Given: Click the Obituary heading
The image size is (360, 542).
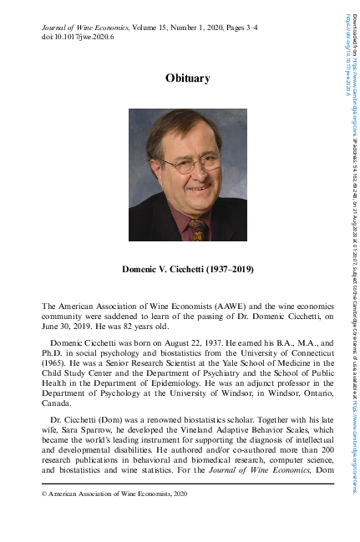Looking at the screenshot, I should pyautogui.click(x=187, y=79).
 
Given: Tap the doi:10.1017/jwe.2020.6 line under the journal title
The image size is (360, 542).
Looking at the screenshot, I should pyautogui.click(x=78, y=38).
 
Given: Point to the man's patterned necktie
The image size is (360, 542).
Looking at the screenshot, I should pyautogui.click(x=196, y=227).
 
